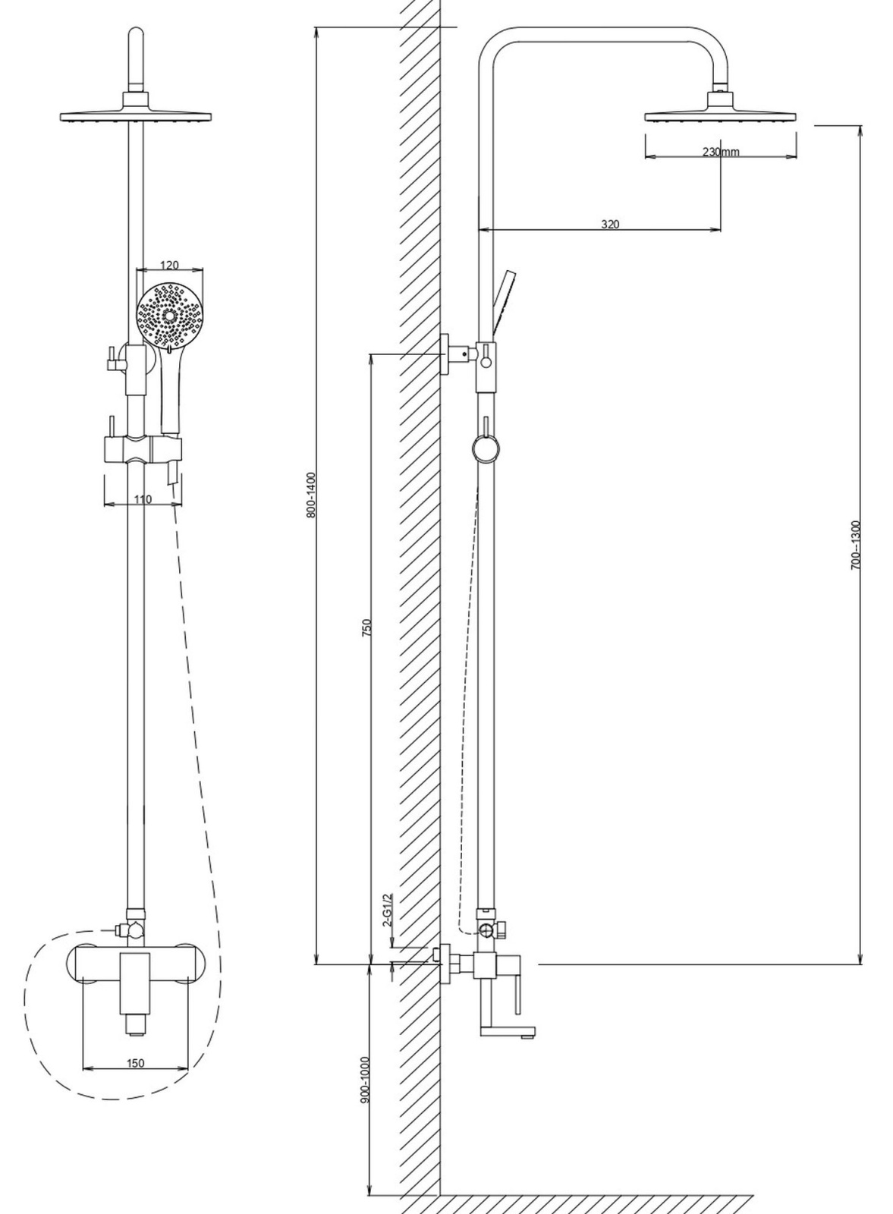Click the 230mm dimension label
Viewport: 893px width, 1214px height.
pyautogui.click(x=720, y=152)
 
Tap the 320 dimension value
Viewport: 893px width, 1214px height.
pyautogui.click(x=610, y=224)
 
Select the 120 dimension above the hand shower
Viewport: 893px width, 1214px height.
pyautogui.click(x=170, y=265)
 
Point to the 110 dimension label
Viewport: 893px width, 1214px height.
pyautogui.click(x=143, y=498)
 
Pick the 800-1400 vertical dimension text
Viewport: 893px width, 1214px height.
pyautogui.click(x=310, y=495)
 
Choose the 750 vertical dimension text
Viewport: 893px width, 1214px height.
pyautogui.click(x=367, y=627)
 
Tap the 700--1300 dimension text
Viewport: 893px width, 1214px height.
pyautogui.click(x=855, y=545)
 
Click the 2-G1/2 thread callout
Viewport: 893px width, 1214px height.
pyautogui.click(x=387, y=910)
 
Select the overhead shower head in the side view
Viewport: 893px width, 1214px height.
pyautogui.click(x=721, y=109)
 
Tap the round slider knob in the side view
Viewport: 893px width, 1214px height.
pyautogui.click(x=486, y=448)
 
